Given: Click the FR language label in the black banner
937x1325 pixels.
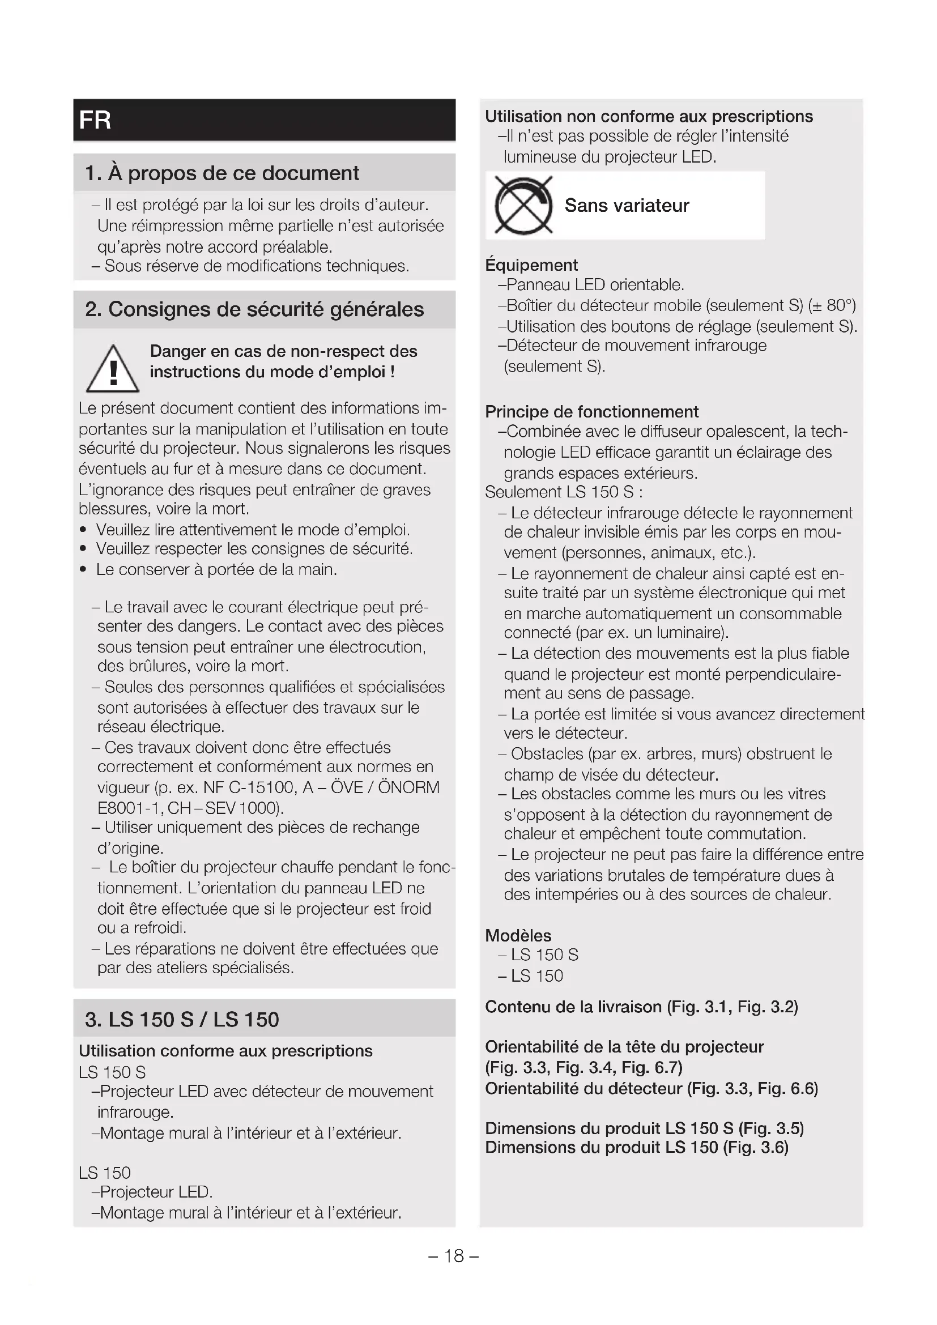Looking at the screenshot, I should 95,120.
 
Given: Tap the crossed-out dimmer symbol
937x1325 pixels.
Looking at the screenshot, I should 523,206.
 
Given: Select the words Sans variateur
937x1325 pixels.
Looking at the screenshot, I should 627,206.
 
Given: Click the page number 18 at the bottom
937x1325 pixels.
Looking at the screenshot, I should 454,1256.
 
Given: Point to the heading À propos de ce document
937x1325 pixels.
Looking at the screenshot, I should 222,173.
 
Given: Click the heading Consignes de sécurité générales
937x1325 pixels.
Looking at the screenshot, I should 254,309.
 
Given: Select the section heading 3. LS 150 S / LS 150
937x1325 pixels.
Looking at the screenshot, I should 182,1020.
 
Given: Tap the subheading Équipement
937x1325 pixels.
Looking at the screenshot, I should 531,265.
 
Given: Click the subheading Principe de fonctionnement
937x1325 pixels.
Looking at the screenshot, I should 591,411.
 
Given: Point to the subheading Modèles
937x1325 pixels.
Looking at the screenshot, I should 518,935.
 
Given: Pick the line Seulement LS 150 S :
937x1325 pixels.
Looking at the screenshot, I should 564,492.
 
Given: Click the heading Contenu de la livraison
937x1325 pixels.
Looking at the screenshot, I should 573,1007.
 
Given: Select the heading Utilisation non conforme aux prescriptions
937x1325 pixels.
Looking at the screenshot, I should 649,117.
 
